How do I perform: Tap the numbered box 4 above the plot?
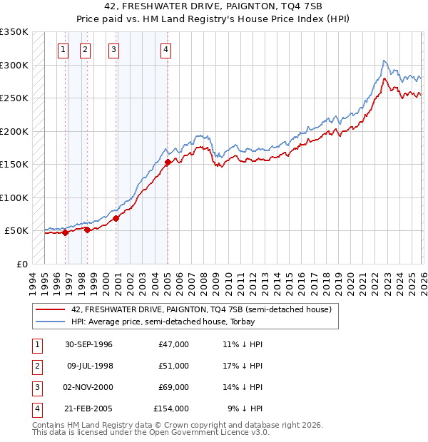pos(165,49)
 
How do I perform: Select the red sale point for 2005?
pos(168,163)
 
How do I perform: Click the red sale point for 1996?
pos(65,232)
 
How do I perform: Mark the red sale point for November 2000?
pos(116,218)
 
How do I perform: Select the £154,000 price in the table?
pos(171,408)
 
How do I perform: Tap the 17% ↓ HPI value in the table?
pos(242,366)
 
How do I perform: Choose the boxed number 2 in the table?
pos(36,366)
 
